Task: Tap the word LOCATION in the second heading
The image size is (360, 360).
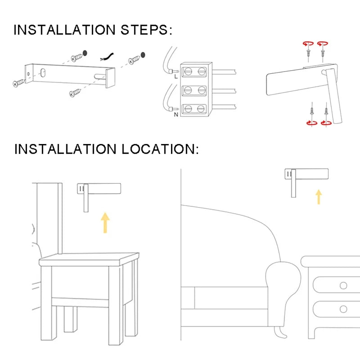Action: tap(160, 149)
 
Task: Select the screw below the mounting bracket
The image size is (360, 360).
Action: tap(75, 93)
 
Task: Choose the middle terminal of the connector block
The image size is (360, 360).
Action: tap(196, 90)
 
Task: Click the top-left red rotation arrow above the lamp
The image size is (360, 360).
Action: tap(307, 44)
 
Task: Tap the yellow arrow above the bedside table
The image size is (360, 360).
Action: tap(105, 223)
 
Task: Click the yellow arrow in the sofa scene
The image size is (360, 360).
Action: tap(319, 197)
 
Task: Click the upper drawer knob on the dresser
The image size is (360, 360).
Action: tap(344, 286)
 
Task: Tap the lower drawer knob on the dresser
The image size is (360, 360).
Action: tap(344, 309)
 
